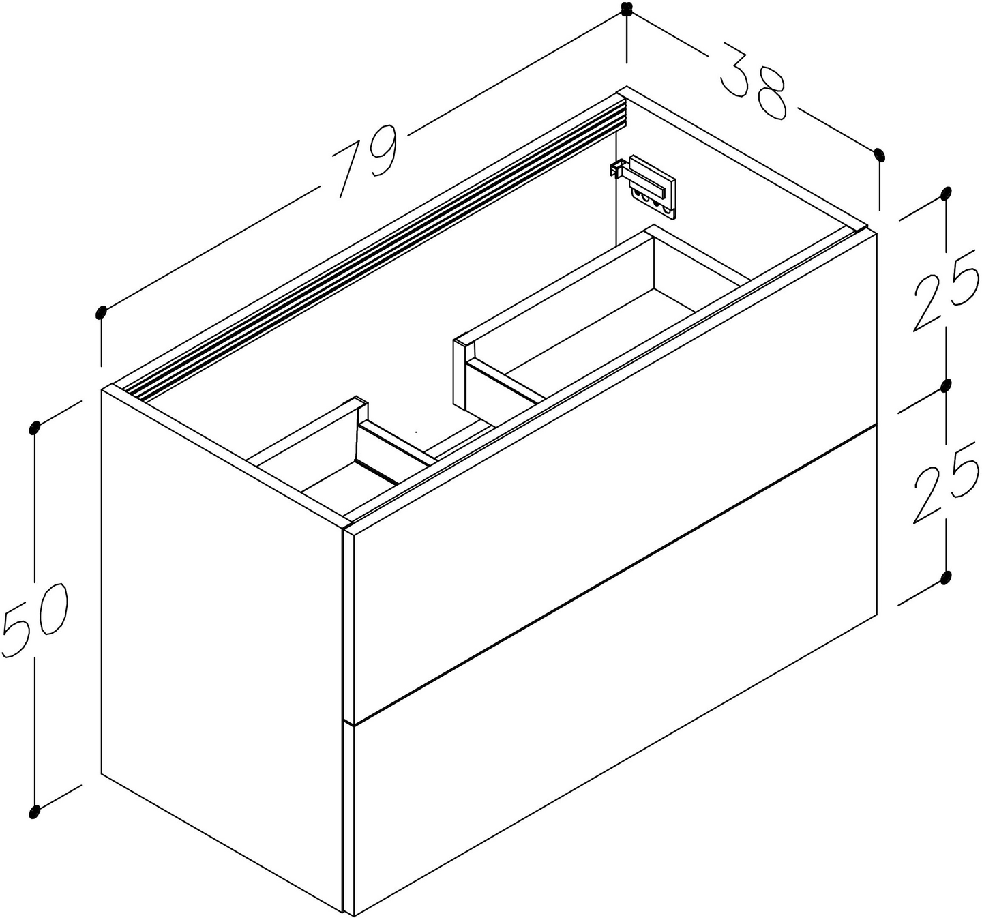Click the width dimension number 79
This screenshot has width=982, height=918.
coord(366,161)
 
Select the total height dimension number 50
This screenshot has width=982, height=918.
coord(35,621)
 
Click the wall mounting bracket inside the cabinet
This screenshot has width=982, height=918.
coord(644,187)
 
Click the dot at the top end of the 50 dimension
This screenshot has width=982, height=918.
coord(34,428)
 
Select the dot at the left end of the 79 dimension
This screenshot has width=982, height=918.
coord(101,312)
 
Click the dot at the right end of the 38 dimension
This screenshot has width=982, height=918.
coord(879,155)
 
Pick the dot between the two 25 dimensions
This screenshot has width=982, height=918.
coord(946,386)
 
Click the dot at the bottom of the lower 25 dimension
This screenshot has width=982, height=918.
coord(946,578)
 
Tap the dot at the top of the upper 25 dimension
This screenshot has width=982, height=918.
coord(946,194)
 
